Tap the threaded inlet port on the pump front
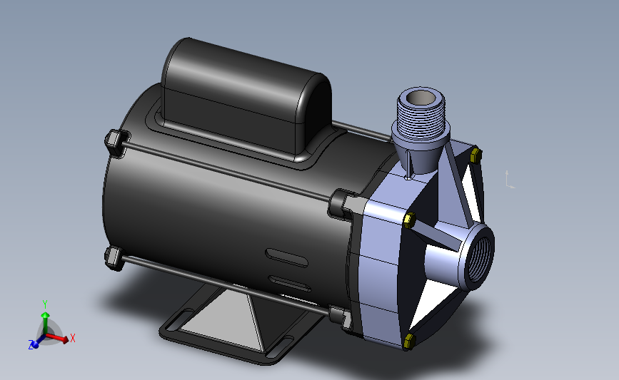coord(478,256)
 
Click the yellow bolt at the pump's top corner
coord(475,155)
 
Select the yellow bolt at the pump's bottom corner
coord(409,342)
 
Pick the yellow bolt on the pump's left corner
coord(409,220)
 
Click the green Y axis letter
coord(45,304)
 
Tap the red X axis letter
coord(73,338)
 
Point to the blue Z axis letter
coord(31,344)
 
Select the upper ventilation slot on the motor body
coord(286,258)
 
